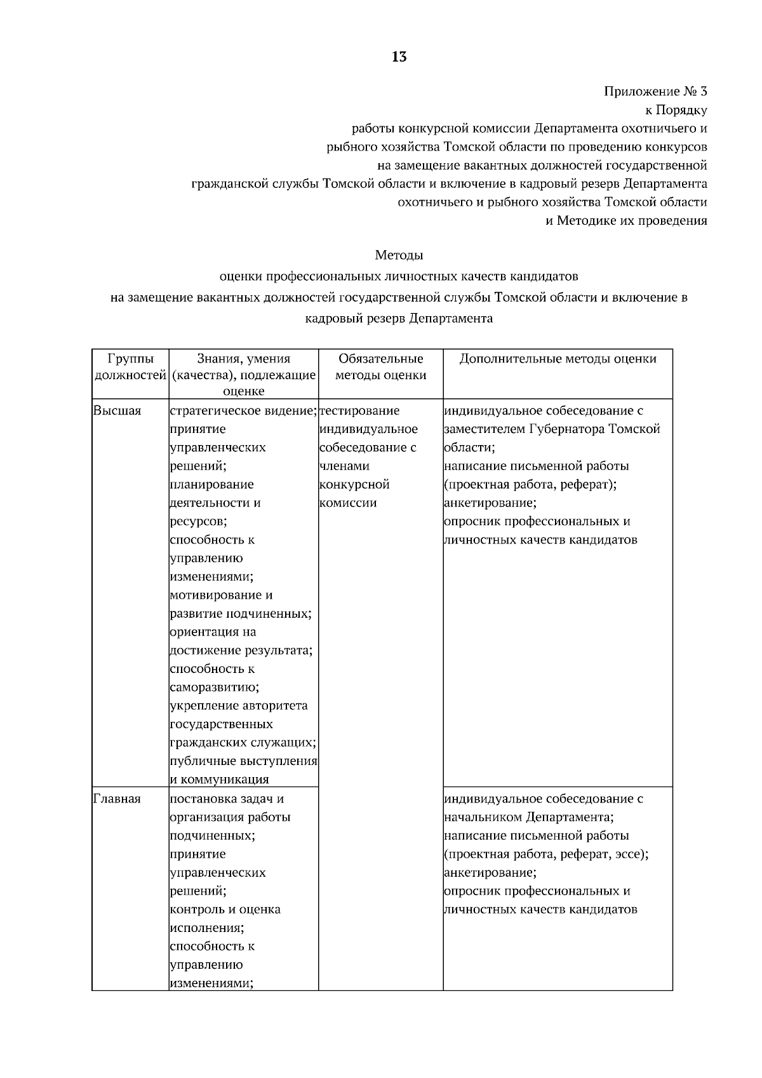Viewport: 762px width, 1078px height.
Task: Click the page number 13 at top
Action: click(x=399, y=58)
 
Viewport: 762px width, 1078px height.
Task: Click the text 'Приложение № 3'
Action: click(x=655, y=91)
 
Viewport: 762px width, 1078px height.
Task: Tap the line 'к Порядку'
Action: click(x=676, y=110)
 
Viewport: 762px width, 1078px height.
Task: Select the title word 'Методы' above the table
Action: click(x=399, y=256)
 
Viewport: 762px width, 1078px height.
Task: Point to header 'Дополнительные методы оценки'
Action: click(x=557, y=359)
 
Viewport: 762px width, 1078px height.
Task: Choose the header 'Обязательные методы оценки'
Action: click(x=380, y=367)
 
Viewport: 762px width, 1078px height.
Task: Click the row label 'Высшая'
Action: click(x=117, y=411)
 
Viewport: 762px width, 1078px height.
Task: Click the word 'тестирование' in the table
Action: click(x=359, y=411)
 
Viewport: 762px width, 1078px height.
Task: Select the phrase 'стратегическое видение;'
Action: click(x=243, y=411)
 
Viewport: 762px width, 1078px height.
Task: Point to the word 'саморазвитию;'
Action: click(x=213, y=688)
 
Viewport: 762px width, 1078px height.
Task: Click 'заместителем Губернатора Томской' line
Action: click(x=552, y=429)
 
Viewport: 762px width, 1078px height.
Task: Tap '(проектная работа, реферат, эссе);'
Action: click(x=546, y=854)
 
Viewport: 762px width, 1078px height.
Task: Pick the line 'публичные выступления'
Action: click(x=243, y=761)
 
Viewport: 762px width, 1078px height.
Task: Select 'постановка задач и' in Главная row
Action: click(x=227, y=799)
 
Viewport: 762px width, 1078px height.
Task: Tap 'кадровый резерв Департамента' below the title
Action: click(x=399, y=319)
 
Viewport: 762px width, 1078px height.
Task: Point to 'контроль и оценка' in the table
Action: click(x=225, y=909)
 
